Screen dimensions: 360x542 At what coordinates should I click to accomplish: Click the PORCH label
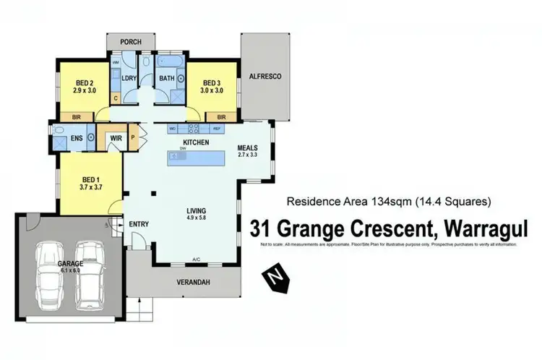(131, 41)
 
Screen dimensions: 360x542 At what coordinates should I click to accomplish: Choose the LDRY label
(129, 78)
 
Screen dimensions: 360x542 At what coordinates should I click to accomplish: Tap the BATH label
(167, 78)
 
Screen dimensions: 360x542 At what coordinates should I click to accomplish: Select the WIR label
(113, 137)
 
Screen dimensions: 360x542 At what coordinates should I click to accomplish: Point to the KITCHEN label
(196, 142)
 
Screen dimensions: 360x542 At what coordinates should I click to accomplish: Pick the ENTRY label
(139, 224)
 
